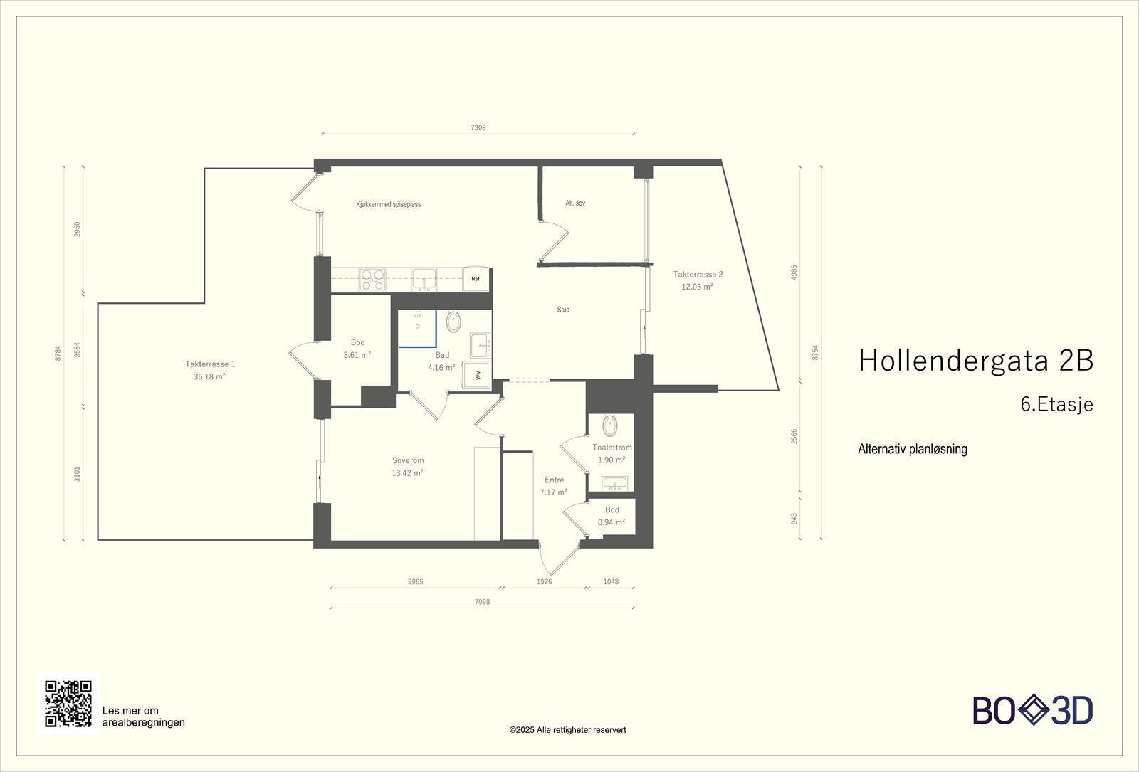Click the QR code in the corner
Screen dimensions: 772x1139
(x=68, y=704)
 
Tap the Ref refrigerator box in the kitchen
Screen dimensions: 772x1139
(x=476, y=279)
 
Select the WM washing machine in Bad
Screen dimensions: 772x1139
(x=477, y=375)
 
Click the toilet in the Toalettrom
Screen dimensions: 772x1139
(x=611, y=426)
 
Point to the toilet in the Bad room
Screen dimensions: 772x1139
(x=453, y=322)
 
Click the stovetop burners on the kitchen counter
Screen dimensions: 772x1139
(x=372, y=279)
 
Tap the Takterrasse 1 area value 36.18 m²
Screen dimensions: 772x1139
(x=209, y=376)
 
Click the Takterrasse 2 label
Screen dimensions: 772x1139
(x=698, y=274)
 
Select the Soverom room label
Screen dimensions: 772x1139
(x=408, y=460)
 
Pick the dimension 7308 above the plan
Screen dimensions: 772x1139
(x=478, y=128)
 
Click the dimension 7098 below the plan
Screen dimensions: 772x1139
(x=482, y=602)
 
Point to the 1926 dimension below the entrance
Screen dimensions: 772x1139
(x=544, y=581)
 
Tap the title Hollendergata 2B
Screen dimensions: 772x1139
(x=975, y=361)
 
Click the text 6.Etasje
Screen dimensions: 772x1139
(x=1056, y=404)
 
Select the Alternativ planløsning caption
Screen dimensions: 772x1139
(x=913, y=449)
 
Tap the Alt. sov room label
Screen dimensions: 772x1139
(x=575, y=203)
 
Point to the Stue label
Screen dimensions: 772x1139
(x=563, y=310)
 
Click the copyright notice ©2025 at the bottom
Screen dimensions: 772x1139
(x=567, y=729)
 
